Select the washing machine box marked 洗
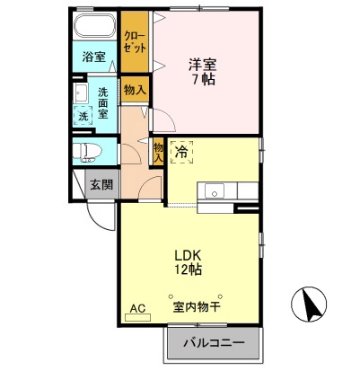point(83,116)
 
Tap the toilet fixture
point(88,152)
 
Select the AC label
point(136,307)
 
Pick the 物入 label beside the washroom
point(136,91)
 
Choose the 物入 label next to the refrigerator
point(158,152)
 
